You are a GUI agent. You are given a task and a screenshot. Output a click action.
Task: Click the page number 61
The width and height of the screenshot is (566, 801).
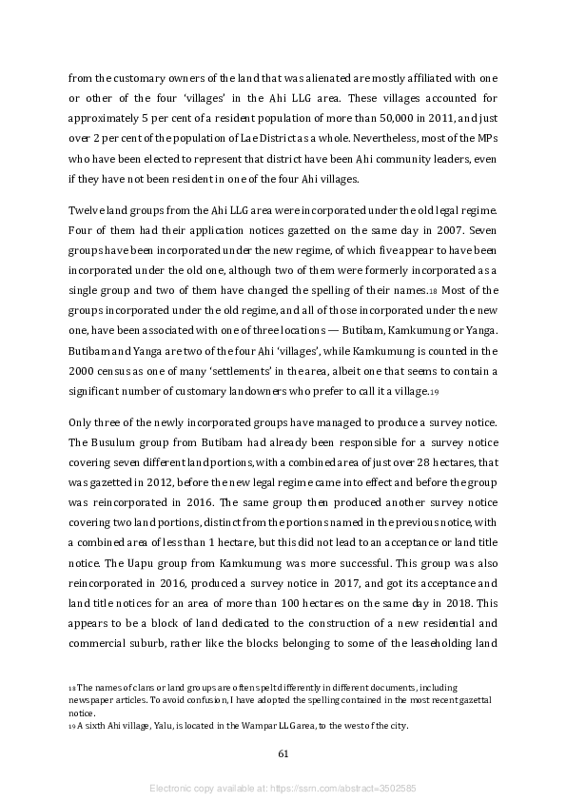click(x=283, y=753)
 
